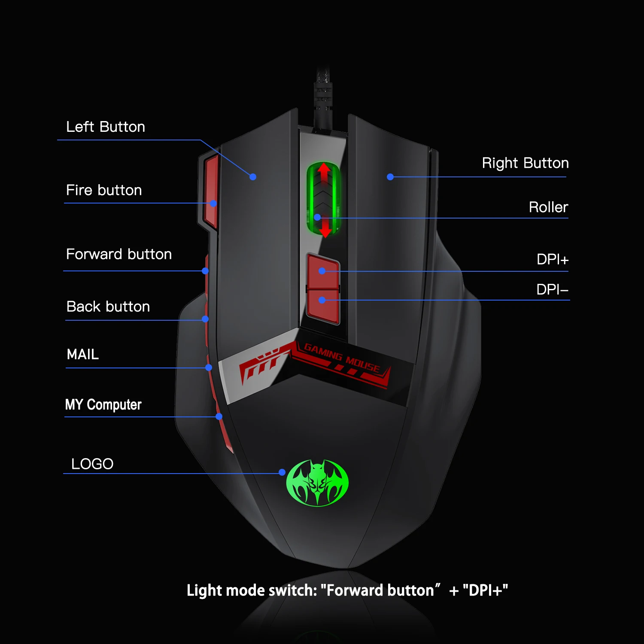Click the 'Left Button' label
coord(106,127)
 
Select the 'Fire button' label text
coord(104,190)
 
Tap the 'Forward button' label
coord(119,254)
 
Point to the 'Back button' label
coord(108,307)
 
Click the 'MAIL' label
coord(83,355)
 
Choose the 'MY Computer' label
coord(103,404)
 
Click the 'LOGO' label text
coord(92,464)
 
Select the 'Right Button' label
coord(525,163)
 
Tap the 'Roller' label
coord(548,207)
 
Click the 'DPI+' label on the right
coord(553,260)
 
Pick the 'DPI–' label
coord(553,290)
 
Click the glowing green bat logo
coord(317,483)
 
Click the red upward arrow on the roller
coord(324,172)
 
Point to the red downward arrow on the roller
coord(325,228)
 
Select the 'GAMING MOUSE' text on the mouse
coord(342,358)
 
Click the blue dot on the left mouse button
coord(253,177)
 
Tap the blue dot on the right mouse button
coord(390,177)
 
